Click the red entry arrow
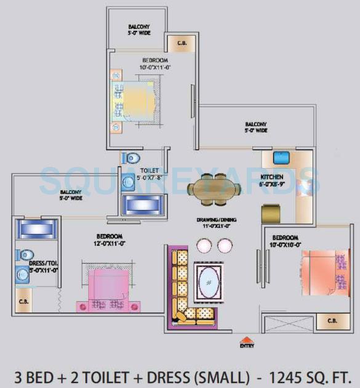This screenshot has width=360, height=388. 246,339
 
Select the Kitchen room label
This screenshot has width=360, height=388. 271,176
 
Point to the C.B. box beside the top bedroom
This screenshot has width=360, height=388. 182,44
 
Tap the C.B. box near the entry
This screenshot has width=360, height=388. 332,321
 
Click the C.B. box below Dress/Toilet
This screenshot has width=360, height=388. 24,301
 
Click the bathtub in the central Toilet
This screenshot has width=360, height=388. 144,204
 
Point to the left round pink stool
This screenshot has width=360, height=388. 204,246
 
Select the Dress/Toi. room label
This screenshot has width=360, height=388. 43,266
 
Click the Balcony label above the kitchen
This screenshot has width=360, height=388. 255,127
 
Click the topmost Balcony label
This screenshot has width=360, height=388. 138,30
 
